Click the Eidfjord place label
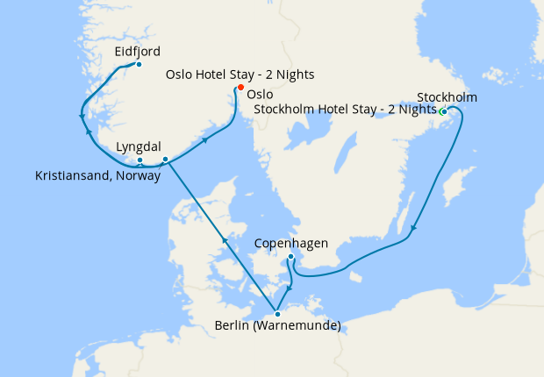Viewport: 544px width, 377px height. [137, 53]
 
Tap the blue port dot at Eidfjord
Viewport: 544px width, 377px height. [139, 65]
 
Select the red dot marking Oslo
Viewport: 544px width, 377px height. [240, 86]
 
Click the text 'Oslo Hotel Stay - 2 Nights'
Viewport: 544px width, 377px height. [240, 75]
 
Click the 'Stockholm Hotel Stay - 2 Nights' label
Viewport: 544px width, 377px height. [345, 110]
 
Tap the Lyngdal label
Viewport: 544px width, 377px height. [140, 148]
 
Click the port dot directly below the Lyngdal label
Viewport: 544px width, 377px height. [140, 160]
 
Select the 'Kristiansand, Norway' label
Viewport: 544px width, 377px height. [97, 176]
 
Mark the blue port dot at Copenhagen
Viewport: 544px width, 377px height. [290, 257]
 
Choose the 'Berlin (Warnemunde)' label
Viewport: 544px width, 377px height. [277, 328]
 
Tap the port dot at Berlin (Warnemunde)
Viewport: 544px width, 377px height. [277, 313]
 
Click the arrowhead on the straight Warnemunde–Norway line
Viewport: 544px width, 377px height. [224, 239]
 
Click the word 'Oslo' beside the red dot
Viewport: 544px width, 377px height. [260, 94]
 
